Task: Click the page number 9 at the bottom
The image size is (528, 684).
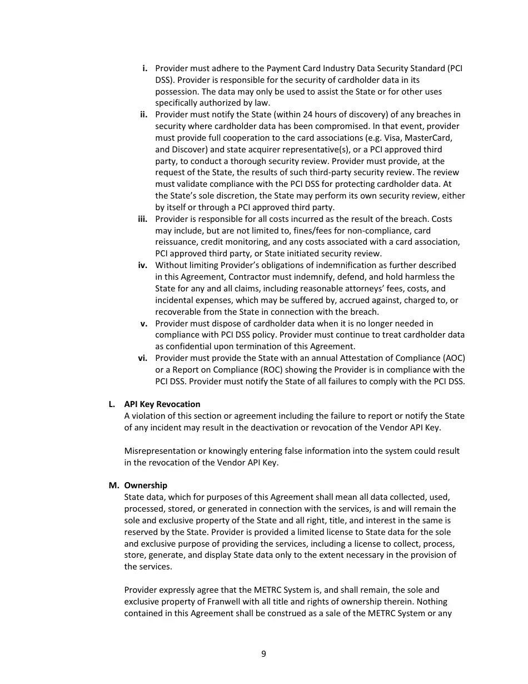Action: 263,654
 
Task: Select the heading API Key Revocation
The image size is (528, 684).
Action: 162,404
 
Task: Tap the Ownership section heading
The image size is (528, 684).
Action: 146,485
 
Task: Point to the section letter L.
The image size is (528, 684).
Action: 112,404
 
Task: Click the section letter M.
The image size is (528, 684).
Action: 113,485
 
